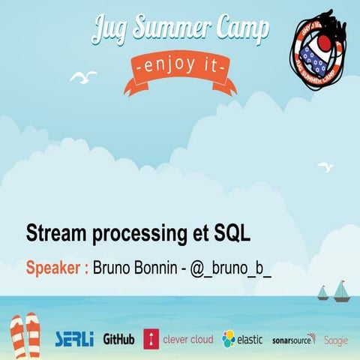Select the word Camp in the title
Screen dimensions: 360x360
coord(235,29)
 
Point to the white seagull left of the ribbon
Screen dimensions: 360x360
coord(83,76)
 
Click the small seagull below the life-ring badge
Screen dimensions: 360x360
coord(324,168)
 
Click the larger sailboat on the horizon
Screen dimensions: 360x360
coord(341,290)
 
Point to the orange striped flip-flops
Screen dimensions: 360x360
coord(25,334)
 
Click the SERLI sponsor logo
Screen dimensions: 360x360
coord(74,339)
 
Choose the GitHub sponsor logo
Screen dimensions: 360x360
coord(118,339)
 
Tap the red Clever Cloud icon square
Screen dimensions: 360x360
coord(151,339)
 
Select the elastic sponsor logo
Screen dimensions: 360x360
coord(242,339)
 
